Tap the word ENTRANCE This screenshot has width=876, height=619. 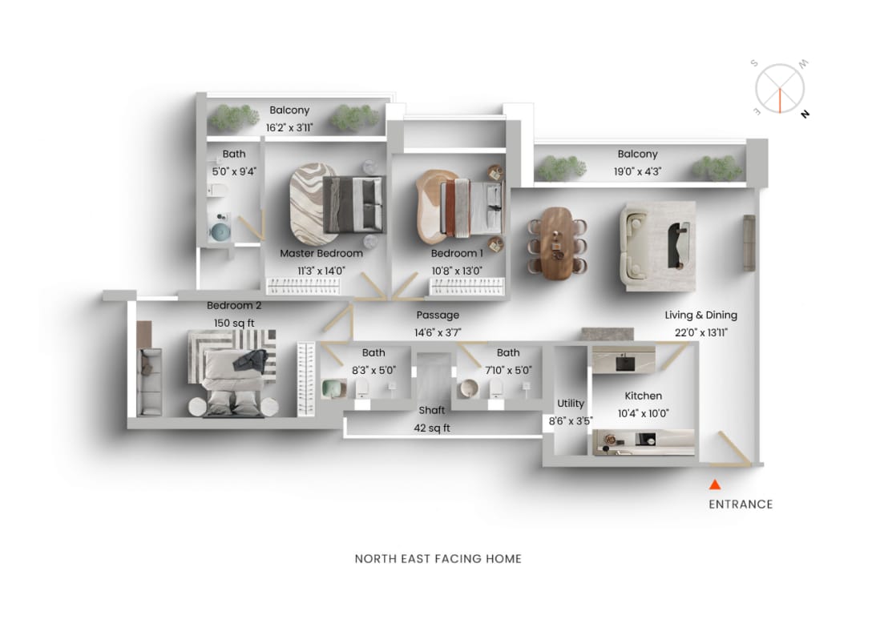point(741,504)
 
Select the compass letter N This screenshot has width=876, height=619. point(804,114)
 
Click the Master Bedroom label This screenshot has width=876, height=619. point(321,253)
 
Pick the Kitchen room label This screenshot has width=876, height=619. point(644,396)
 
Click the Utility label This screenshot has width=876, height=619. point(571,404)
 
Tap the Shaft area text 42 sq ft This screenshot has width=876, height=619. point(432,428)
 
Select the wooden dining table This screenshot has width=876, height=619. point(558,243)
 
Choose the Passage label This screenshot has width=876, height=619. point(438,316)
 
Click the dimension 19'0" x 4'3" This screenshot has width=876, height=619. point(638,171)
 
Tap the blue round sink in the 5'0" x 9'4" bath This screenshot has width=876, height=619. point(218,232)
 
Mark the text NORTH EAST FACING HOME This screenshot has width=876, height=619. point(438,559)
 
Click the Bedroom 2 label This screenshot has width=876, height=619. point(234,305)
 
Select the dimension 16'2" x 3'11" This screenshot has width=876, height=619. point(289,127)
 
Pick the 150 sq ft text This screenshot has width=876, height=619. point(234,323)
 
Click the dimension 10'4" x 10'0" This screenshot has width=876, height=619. point(644,413)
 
